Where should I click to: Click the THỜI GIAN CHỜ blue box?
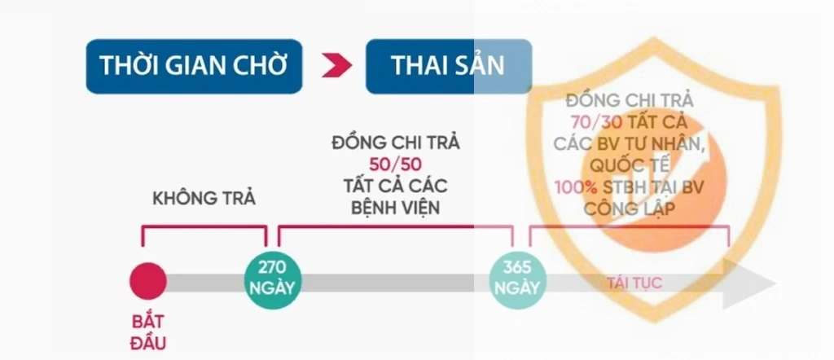tap(194, 67)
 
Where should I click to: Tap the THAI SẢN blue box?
tap(449, 67)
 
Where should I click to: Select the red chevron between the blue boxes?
tap(336, 65)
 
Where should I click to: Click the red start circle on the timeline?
tap(148, 281)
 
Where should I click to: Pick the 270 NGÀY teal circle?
tap(272, 280)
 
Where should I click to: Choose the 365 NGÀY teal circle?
tap(517, 280)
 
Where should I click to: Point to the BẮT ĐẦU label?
tap(148, 332)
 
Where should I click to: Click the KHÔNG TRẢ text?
tap(204, 199)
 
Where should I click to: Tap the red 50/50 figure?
tap(396, 165)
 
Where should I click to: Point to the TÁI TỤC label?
tap(634, 283)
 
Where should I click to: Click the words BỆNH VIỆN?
tap(396, 208)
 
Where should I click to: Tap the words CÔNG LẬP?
tap(630, 209)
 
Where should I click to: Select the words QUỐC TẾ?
tap(630, 165)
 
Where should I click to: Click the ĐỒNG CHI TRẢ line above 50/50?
tap(396, 143)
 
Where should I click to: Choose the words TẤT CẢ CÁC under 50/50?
tap(396, 187)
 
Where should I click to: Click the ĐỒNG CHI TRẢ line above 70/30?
tap(630, 100)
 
